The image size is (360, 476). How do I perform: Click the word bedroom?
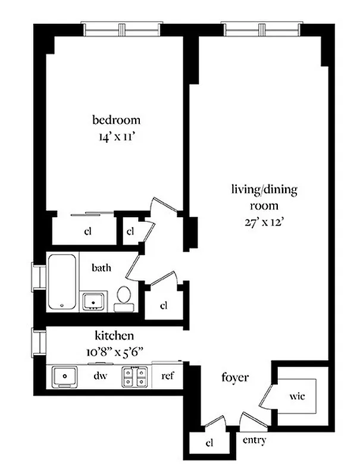116,120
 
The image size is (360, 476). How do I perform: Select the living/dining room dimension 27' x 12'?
264,224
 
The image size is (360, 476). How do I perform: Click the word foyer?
234,377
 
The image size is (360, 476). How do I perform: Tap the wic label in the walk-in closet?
298,396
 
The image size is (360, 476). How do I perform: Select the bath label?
101,268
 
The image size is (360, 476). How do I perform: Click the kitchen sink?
64,376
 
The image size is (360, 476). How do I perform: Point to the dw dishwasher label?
99,376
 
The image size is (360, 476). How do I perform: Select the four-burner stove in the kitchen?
135,376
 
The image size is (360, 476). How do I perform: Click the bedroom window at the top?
121,29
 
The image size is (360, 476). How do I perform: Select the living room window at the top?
261,29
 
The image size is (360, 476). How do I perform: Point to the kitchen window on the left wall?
39,343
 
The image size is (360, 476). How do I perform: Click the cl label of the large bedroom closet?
87,231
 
